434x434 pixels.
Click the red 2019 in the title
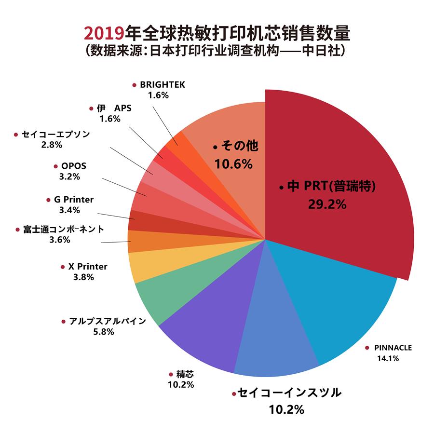pos(104,34)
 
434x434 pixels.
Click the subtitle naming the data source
pos(217,51)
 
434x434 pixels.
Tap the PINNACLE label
pos(393,347)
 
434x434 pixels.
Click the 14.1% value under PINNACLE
pos(388,358)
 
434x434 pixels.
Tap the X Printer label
pos(87,267)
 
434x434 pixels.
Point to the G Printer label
pos(73,200)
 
